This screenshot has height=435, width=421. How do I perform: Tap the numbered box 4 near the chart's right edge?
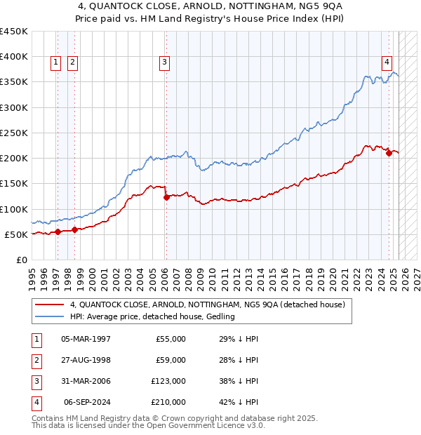pyautogui.click(x=387, y=62)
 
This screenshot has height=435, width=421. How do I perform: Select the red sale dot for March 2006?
pyautogui.click(x=166, y=197)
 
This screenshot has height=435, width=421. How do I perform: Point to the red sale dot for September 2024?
pyautogui.click(x=389, y=154)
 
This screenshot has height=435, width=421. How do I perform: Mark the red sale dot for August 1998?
pyautogui.click(x=74, y=229)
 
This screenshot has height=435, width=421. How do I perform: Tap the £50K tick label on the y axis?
pyautogui.click(x=16, y=234)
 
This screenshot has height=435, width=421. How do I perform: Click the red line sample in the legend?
pyautogui.click(x=50, y=305)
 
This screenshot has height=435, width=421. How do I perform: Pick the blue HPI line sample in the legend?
pyautogui.click(x=50, y=317)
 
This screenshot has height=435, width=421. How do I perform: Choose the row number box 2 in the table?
pyautogui.click(x=35, y=360)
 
